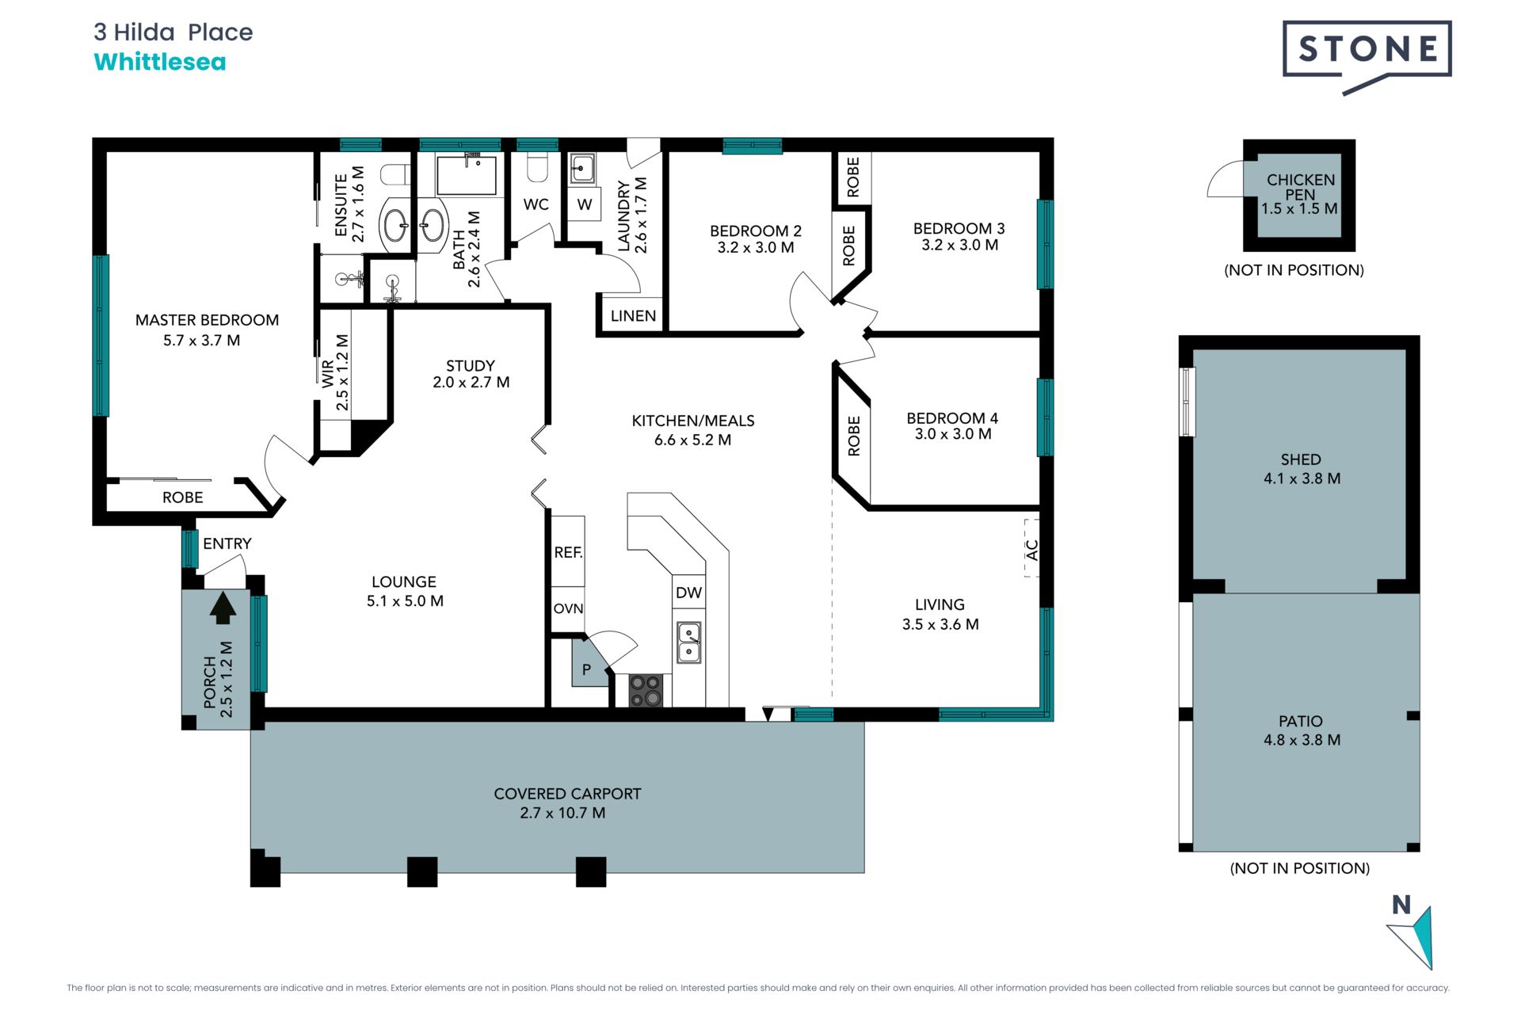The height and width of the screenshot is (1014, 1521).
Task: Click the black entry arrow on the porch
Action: [x=223, y=608]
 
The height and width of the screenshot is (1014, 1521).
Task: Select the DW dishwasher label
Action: [x=688, y=593]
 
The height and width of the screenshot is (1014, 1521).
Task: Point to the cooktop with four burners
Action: [x=645, y=690]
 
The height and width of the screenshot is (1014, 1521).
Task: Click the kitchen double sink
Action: [x=688, y=642]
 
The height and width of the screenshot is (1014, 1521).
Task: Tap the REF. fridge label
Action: [x=568, y=552]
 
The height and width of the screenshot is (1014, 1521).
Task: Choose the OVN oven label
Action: [x=568, y=608]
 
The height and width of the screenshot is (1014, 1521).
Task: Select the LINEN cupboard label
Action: [x=633, y=315]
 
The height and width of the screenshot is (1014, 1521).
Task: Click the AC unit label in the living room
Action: [x=1031, y=549]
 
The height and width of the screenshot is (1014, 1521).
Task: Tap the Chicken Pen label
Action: [x=1300, y=187]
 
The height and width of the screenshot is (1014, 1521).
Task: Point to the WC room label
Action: [x=536, y=204]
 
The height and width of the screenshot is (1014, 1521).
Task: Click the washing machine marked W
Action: [x=584, y=204]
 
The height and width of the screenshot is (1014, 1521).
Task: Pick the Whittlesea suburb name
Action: [x=160, y=62]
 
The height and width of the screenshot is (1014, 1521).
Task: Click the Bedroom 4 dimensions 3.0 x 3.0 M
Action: [x=952, y=434]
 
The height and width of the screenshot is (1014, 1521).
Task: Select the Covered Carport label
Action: [x=567, y=794]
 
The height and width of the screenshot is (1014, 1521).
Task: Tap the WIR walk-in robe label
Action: [x=327, y=374]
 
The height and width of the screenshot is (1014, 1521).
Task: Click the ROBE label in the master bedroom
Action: [x=182, y=497]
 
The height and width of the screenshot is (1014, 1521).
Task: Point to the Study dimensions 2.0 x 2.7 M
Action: [x=471, y=382]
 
